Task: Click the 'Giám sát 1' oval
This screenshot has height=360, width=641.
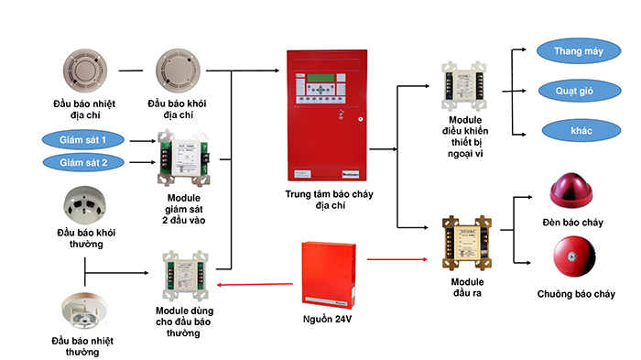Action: pos(83,139)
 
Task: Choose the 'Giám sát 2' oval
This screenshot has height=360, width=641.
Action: pos(83,162)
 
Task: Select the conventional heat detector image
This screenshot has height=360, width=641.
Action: pos(89,310)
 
